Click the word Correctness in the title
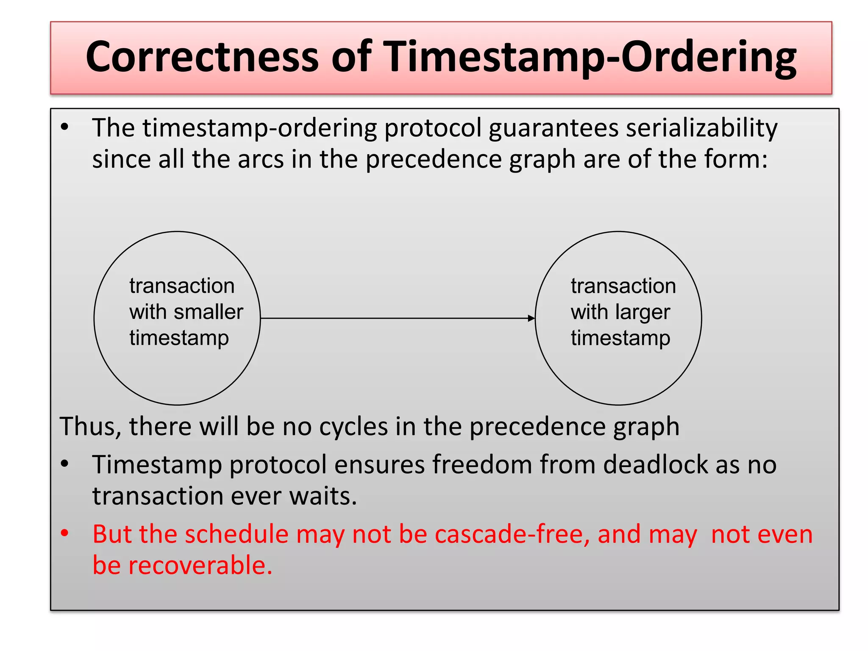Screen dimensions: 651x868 (x=202, y=57)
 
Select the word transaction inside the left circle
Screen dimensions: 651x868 (x=182, y=286)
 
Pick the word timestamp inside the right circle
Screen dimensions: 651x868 (x=620, y=338)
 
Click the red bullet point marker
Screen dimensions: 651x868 (x=64, y=533)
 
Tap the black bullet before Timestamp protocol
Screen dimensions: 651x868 (x=64, y=464)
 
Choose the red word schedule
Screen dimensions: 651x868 (x=237, y=534)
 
